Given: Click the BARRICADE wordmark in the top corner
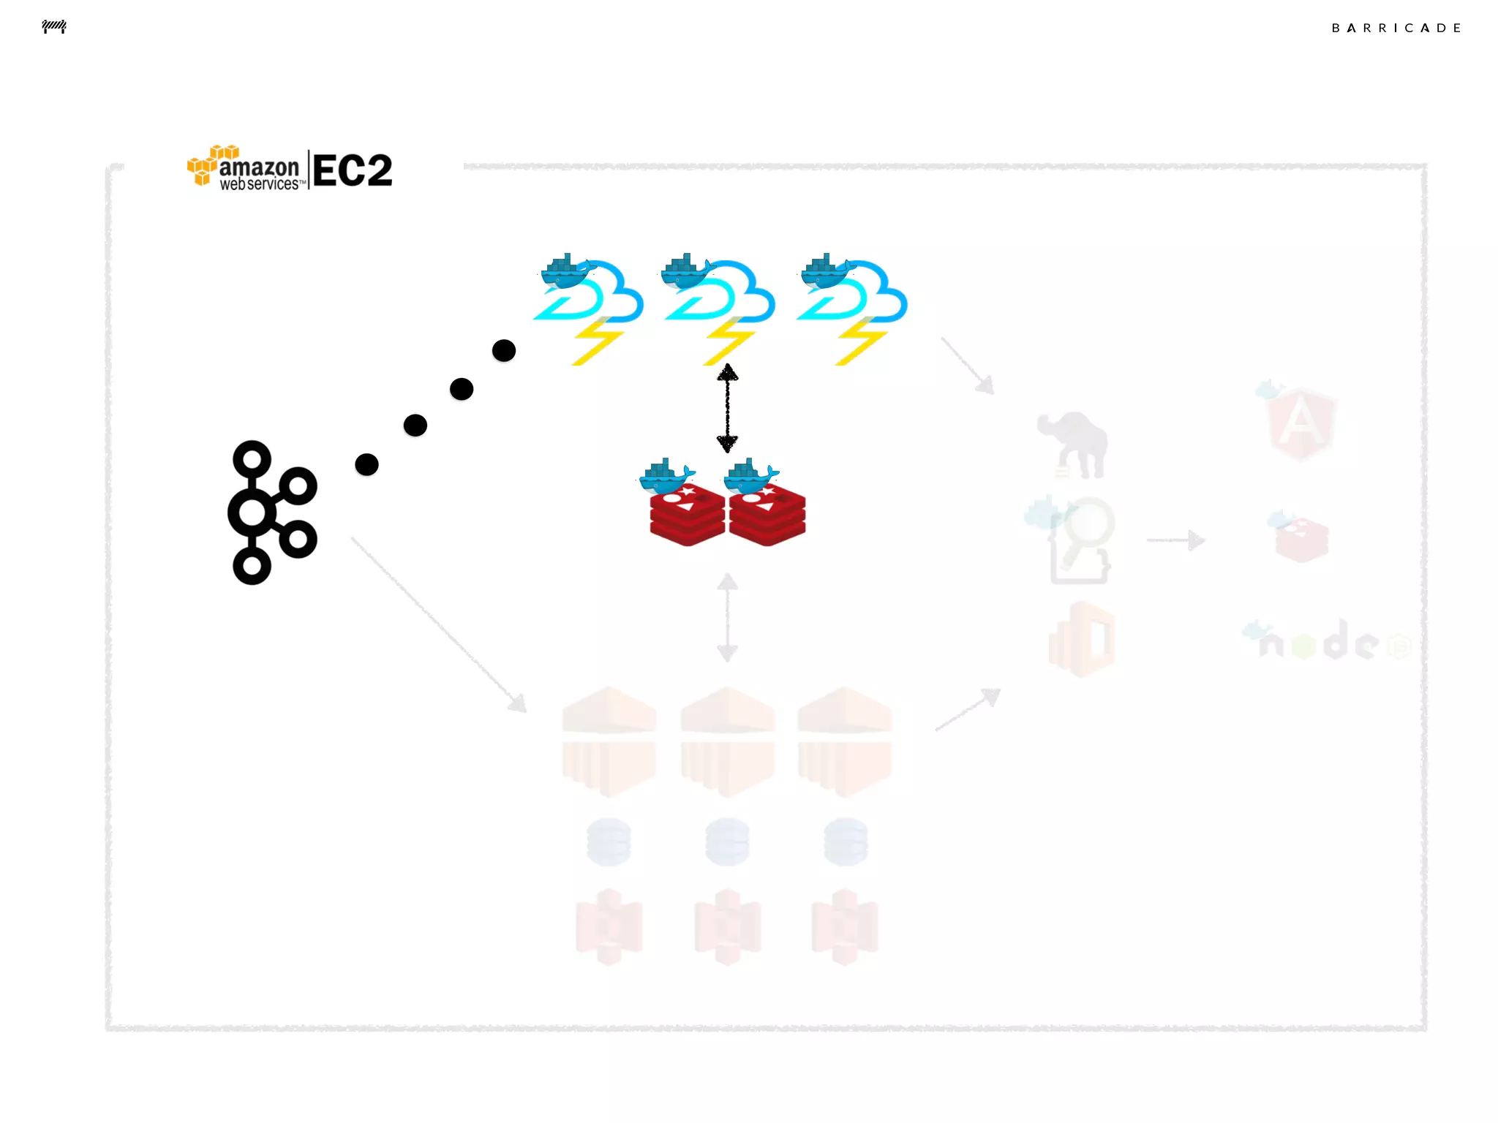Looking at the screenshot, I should click(x=1396, y=28).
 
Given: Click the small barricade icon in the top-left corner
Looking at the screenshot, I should click(x=54, y=27).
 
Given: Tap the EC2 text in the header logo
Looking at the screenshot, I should click(x=353, y=170).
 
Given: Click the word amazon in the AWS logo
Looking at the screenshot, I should click(x=259, y=167).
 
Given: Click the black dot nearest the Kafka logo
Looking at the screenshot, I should click(x=366, y=464).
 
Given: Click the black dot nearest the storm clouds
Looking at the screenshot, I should click(x=504, y=351).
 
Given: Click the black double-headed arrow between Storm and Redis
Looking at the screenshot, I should click(x=727, y=408).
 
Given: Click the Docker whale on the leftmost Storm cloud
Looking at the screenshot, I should click(x=566, y=271).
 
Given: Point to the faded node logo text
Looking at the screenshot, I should click(x=1324, y=642).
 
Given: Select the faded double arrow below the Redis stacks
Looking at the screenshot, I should click(x=727, y=618).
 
